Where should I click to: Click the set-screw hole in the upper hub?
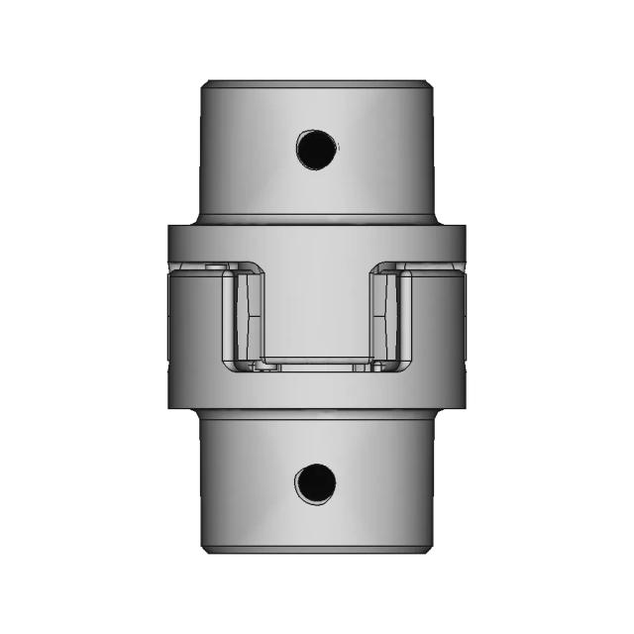(x=316, y=149)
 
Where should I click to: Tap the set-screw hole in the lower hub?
(x=315, y=483)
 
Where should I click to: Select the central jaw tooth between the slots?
(x=317, y=307)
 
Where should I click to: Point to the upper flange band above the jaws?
(x=317, y=242)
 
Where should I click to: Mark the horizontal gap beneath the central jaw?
(x=317, y=364)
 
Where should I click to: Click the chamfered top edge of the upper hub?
(x=317, y=83)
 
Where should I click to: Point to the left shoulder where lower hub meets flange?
(x=202, y=411)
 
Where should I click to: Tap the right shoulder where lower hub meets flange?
(x=432, y=411)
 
